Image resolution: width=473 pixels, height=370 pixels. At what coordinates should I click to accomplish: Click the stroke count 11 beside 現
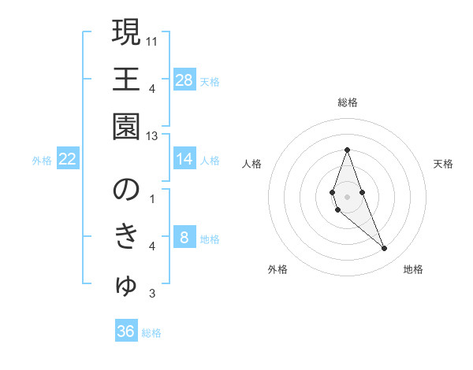click(152, 40)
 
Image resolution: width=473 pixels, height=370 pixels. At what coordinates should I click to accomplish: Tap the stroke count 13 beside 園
click(152, 136)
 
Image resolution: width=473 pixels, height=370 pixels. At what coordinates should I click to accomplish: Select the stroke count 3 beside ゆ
click(152, 294)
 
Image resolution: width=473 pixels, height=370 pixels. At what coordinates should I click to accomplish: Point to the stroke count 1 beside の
click(152, 199)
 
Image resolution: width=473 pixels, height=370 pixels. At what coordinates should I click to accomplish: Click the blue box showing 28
click(184, 80)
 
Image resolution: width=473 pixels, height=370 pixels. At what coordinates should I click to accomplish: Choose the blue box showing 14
click(184, 160)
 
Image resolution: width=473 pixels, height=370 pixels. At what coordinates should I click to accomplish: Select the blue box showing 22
click(68, 160)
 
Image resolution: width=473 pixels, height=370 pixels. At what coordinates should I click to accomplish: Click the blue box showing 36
click(126, 331)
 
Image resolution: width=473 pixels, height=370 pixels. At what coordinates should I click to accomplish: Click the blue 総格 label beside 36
click(151, 333)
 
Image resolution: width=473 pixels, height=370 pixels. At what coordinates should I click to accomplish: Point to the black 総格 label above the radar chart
click(347, 102)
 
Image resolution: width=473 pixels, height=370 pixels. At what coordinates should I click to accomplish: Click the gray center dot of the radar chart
click(347, 196)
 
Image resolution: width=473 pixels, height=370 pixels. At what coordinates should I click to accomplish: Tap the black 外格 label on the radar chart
click(277, 270)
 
